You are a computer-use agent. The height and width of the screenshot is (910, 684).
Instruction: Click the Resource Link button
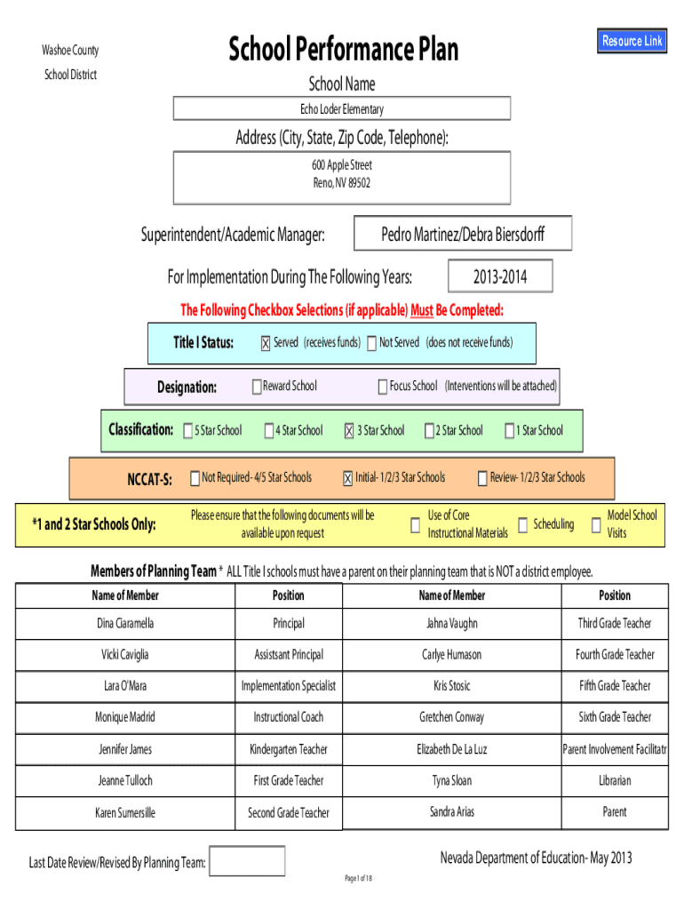pos(632,41)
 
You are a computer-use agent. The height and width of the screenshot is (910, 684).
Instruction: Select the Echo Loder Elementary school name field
pos(342,109)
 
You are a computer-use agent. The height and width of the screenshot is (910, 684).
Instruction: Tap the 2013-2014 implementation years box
pos(500,277)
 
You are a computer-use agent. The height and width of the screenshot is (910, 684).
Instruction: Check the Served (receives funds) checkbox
pos(266,344)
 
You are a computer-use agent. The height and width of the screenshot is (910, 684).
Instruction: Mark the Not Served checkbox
pos(371,344)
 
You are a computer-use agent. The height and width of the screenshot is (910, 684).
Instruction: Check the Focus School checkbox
pos(383,387)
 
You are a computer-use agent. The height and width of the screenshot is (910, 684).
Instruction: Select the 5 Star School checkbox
pos(188,431)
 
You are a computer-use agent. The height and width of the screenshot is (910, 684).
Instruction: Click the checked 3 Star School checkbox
pos(349,431)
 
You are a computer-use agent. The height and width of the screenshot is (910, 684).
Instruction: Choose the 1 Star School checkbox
pos(509,431)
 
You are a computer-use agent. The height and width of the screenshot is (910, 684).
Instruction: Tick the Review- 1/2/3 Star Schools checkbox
pos(483,478)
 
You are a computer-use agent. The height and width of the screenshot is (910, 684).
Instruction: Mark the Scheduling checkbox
pos(523,524)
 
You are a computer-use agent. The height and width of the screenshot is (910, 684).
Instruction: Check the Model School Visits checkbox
pos(595,524)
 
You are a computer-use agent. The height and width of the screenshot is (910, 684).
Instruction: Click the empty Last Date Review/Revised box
pos(247,861)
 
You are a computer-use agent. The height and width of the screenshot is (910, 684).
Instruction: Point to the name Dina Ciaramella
pos(125,624)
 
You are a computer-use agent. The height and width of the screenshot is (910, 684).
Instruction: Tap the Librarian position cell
pos(614,781)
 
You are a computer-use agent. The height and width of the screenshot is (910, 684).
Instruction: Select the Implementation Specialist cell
pos(289,686)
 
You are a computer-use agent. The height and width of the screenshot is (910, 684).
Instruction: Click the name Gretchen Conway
pos(452,717)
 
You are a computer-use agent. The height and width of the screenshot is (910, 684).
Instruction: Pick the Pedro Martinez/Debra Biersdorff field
pos(463,235)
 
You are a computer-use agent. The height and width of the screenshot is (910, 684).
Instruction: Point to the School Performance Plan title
pos(343,50)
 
